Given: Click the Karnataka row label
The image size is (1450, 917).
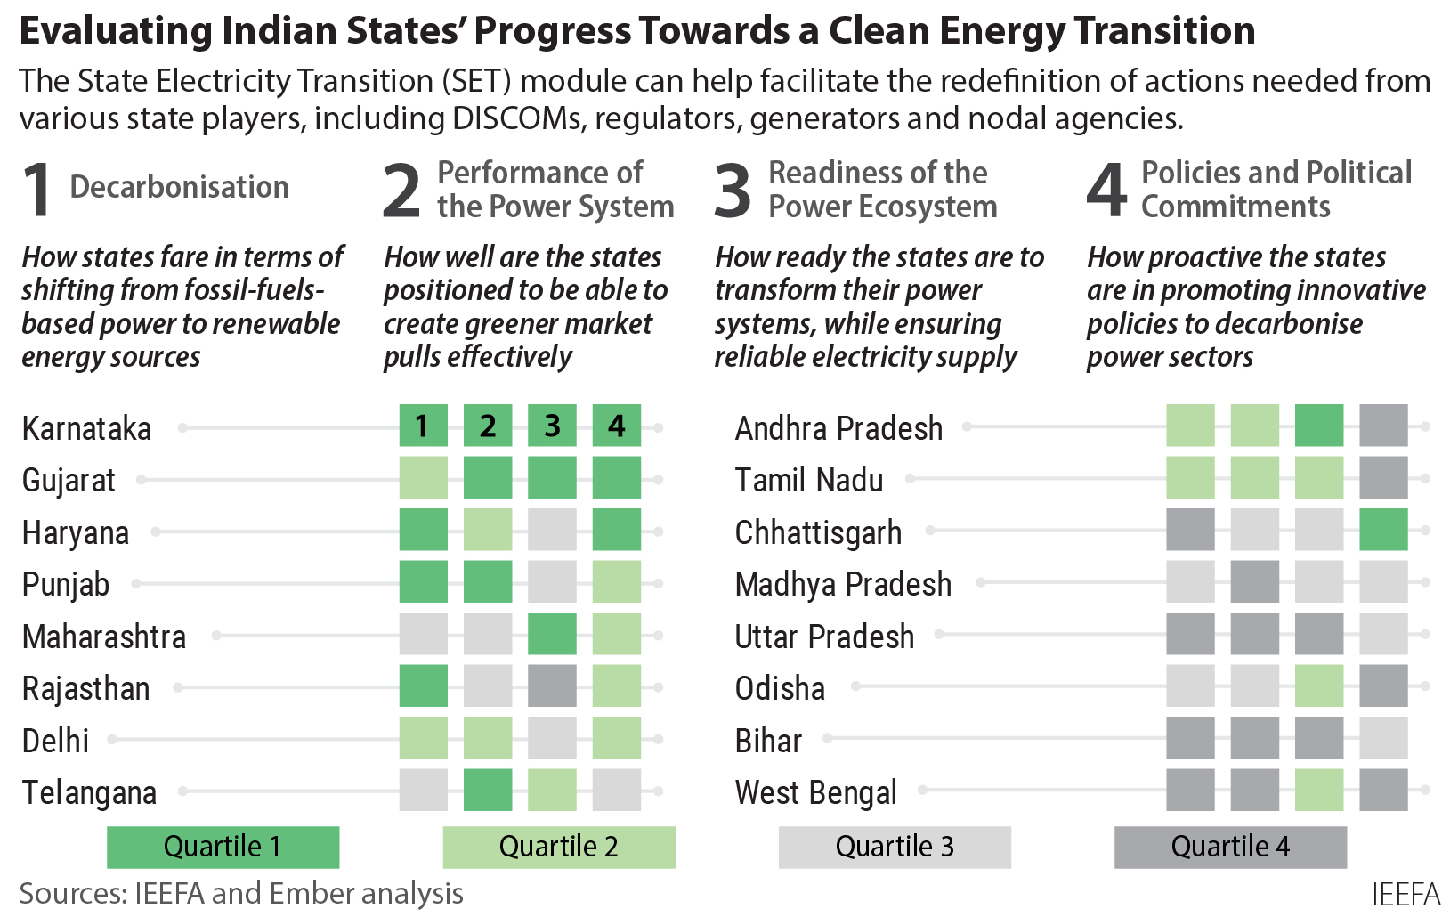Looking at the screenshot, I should tap(86, 428).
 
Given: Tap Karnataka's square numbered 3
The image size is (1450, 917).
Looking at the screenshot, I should tap(552, 426).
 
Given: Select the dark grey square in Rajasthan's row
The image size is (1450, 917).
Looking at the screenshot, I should tap(552, 686).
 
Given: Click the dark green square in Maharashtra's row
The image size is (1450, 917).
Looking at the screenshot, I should tap(552, 635).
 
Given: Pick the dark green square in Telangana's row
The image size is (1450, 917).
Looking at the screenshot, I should tap(488, 791).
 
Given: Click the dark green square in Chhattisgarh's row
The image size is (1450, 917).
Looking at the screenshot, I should tap(1383, 530).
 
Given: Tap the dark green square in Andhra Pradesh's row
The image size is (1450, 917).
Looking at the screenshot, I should tap(1319, 426).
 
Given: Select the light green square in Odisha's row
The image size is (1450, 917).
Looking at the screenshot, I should tap(1319, 686).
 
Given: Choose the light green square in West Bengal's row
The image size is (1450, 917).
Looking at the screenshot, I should tap(1319, 791).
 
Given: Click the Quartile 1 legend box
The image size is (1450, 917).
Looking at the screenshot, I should tap(223, 847).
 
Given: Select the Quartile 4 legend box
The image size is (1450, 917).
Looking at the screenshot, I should tap(1230, 847).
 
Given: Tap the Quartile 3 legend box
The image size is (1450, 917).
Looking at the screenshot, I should tap(895, 847).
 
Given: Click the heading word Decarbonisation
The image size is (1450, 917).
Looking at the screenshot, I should tap(179, 187).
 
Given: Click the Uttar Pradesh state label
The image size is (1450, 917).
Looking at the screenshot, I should tap(824, 637).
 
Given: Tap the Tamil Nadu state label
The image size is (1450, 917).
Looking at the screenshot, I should tap(808, 481).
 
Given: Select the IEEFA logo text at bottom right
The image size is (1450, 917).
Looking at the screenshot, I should tap(1405, 894).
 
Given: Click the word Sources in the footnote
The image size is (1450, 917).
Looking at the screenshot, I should tap(70, 893).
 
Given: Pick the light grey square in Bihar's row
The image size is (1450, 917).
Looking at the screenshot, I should tap(1383, 739).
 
